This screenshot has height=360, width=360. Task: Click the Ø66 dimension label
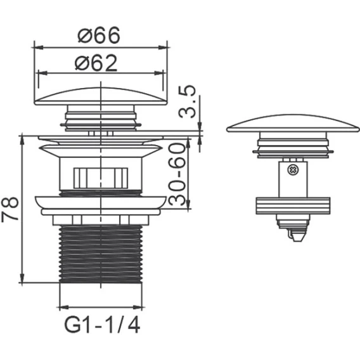99,35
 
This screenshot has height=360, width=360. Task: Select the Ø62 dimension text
96,63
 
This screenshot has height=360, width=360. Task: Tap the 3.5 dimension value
187,101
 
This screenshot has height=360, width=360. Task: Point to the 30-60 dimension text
177,174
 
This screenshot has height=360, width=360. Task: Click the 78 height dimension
10,209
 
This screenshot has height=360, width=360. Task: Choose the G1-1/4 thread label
102,325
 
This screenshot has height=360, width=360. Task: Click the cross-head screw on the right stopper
292,170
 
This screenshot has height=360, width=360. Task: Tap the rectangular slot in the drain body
101,178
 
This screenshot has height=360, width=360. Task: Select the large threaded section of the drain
101,254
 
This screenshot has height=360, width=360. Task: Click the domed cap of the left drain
101,96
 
